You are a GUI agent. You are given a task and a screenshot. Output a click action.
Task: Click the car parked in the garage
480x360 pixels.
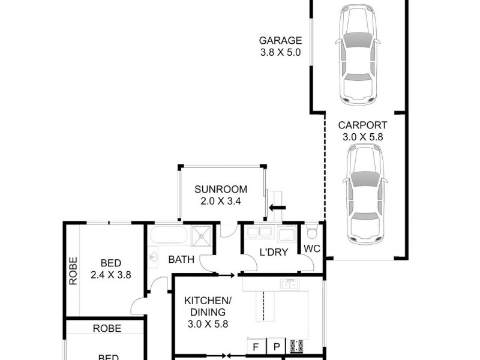358,54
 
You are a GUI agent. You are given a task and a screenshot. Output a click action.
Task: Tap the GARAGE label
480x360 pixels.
280,41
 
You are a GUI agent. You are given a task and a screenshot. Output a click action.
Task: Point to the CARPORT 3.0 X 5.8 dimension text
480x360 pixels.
362,137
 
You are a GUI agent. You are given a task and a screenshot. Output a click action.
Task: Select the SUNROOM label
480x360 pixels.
221,190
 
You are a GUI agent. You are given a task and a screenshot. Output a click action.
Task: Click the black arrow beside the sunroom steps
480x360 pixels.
277,208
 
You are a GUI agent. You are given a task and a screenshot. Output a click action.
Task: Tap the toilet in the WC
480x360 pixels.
311,231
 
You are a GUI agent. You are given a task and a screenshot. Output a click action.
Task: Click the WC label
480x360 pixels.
313,248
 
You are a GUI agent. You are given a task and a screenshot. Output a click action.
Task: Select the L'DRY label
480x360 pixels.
274,252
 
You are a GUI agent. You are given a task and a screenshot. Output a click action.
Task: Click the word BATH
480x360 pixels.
180,260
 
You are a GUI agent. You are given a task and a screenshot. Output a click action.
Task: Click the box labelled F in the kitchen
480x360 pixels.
256,346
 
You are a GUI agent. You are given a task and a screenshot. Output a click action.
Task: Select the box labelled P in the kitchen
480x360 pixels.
277,346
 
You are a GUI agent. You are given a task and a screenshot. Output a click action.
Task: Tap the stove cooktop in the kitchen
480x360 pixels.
296,346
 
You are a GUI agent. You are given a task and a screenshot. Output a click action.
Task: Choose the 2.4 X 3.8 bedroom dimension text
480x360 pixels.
111,275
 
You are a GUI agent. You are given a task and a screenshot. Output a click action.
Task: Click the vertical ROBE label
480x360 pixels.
73,271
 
